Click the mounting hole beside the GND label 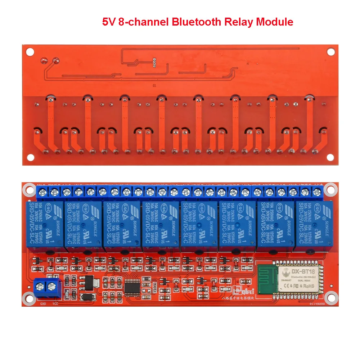[x=27, y=298]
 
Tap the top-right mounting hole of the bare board [x=330, y=51]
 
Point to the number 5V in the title [x=109, y=22]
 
